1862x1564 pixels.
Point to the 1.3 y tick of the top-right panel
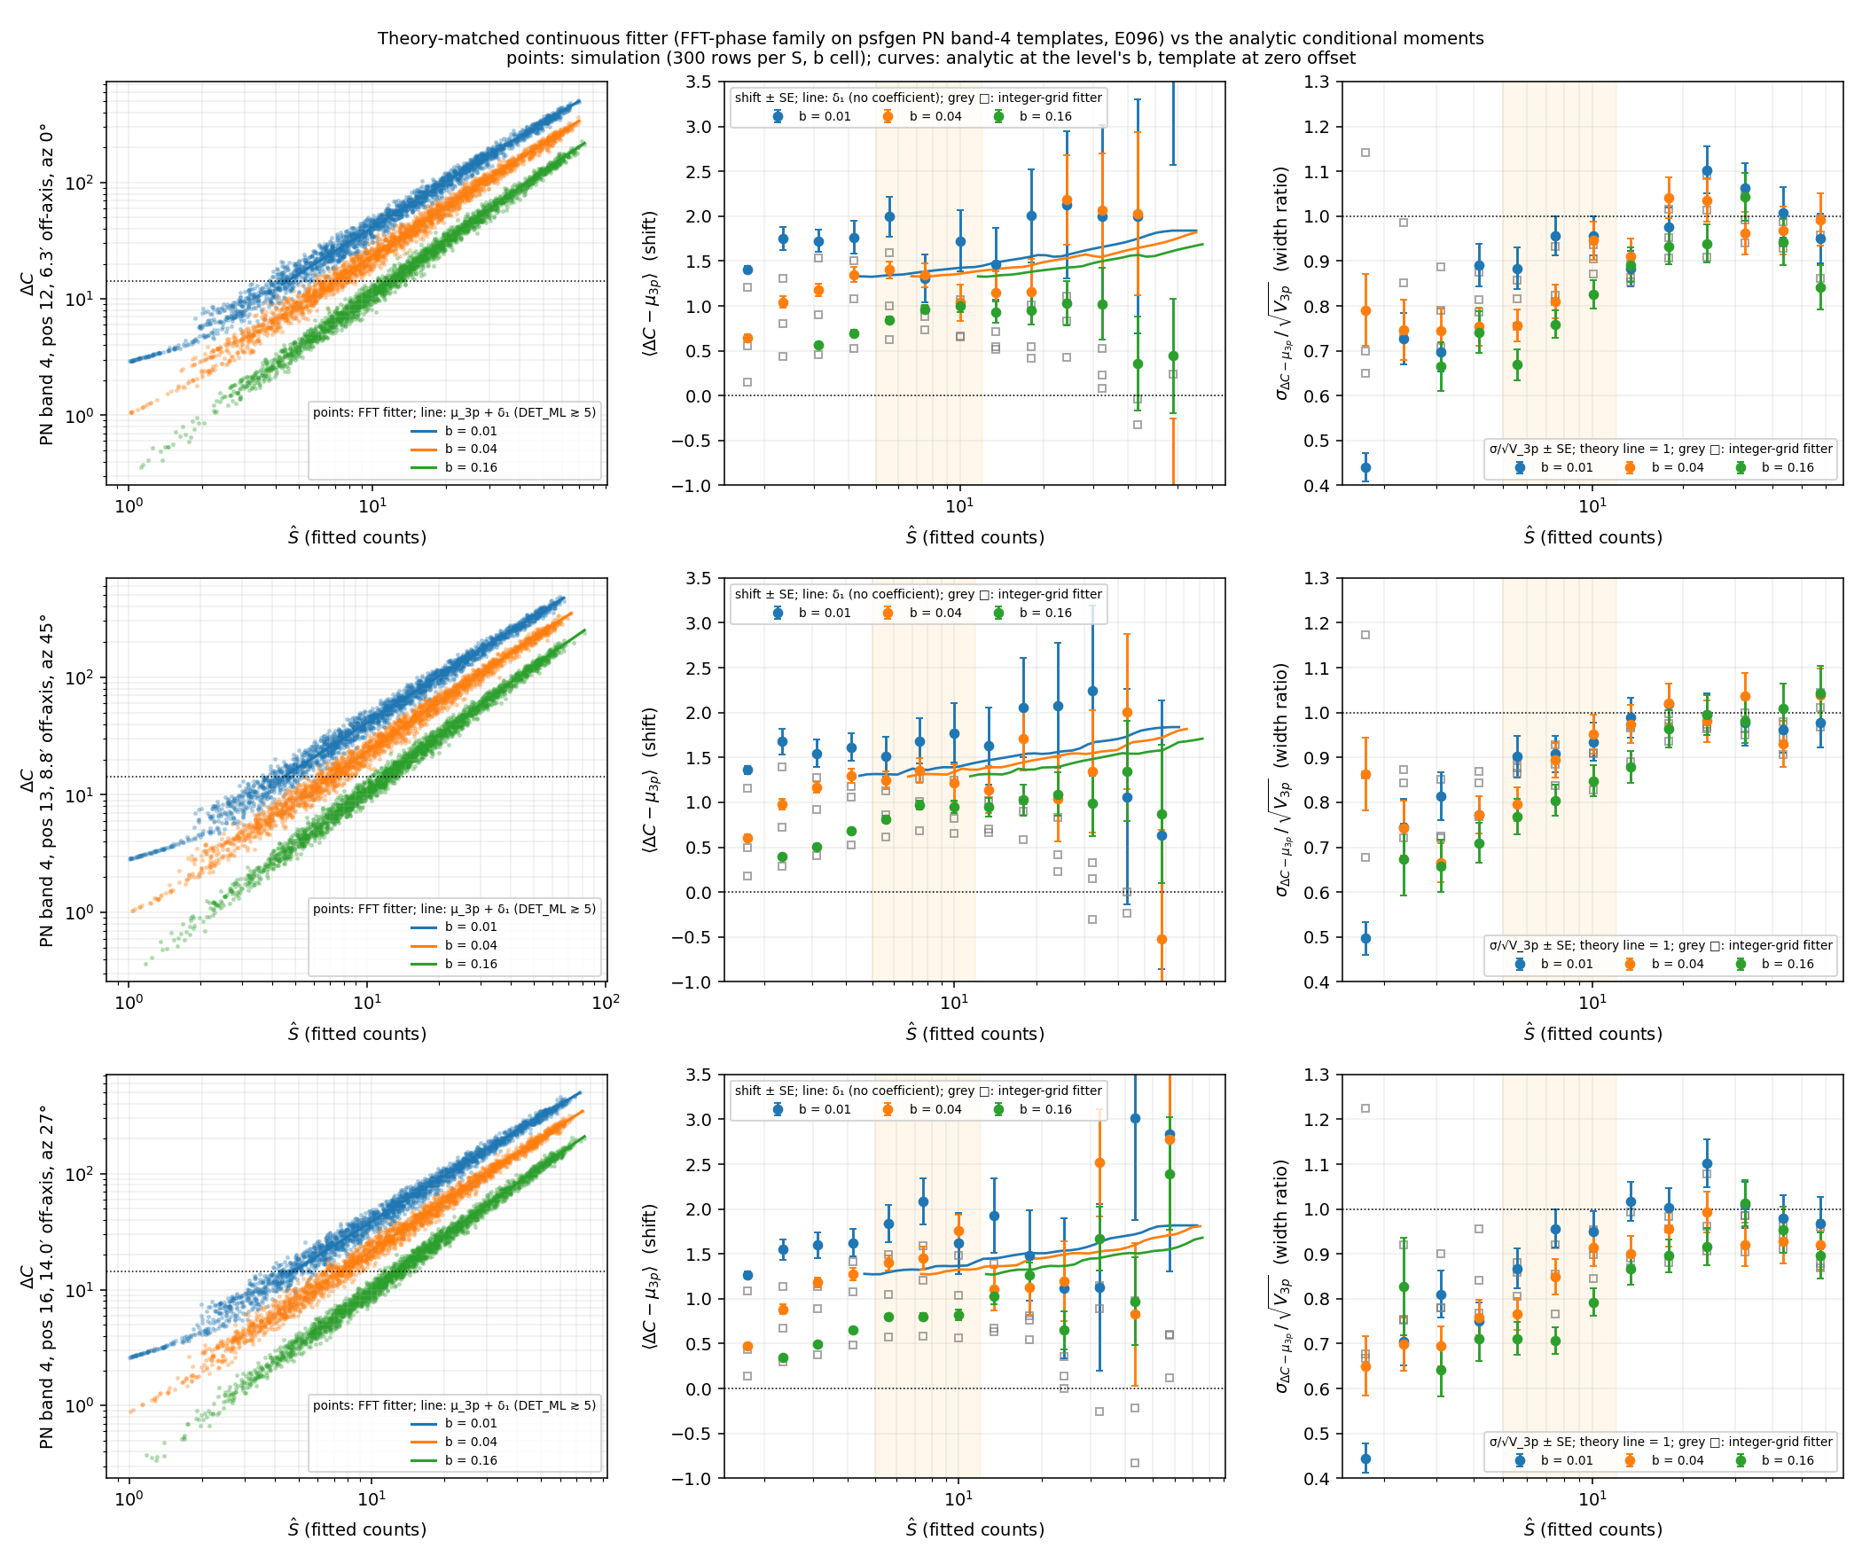tap(1318, 82)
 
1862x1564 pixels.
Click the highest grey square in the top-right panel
tap(1365, 152)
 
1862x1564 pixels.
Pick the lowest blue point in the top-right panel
tap(1365, 467)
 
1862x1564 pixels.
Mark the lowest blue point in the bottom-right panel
tap(1365, 1458)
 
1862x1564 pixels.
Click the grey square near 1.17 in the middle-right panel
tap(1365, 635)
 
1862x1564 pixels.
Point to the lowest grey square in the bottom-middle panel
tap(1135, 1463)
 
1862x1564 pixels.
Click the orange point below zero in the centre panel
tap(1162, 939)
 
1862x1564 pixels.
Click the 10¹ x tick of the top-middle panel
tap(959, 506)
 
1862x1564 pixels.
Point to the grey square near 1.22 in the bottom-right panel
tap(1365, 1108)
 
